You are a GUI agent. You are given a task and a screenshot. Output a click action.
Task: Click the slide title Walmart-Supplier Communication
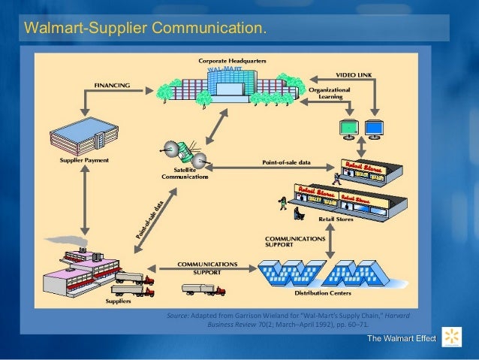coord(145,29)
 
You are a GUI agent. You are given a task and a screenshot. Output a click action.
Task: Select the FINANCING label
coord(112,85)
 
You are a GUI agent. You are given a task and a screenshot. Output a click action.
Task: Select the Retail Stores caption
coord(336,219)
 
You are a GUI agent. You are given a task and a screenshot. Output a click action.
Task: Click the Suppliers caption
coord(118,301)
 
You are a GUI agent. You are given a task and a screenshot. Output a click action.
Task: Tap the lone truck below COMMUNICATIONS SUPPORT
coord(203,288)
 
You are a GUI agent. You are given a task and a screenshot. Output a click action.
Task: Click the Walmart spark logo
coord(452,337)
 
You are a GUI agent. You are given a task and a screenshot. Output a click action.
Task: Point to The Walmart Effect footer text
coord(401,340)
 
